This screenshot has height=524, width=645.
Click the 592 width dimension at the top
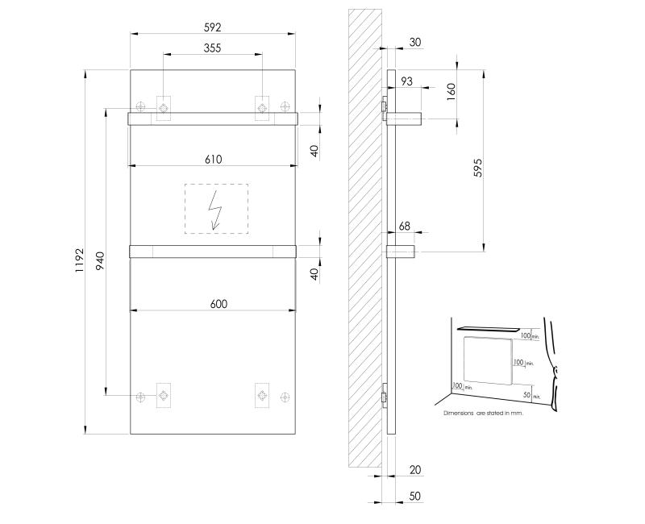pyautogui.click(x=213, y=27)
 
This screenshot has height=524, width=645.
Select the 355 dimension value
pyautogui.click(x=213, y=48)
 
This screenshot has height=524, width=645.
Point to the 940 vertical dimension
pyautogui.click(x=101, y=260)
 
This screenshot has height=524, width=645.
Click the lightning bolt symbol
pyautogui.click(x=215, y=209)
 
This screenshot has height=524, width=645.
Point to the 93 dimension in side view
pyautogui.click(x=406, y=81)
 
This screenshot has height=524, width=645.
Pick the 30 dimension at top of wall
pyautogui.click(x=415, y=42)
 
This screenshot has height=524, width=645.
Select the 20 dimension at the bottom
pyautogui.click(x=415, y=469)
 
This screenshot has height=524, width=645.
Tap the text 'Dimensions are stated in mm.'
pyautogui.click(x=484, y=412)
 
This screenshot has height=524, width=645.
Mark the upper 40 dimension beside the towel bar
pyautogui.click(x=315, y=150)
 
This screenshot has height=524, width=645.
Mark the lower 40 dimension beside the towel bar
pyautogui.click(x=315, y=273)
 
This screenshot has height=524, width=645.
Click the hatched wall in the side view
pyautogui.click(x=364, y=242)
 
